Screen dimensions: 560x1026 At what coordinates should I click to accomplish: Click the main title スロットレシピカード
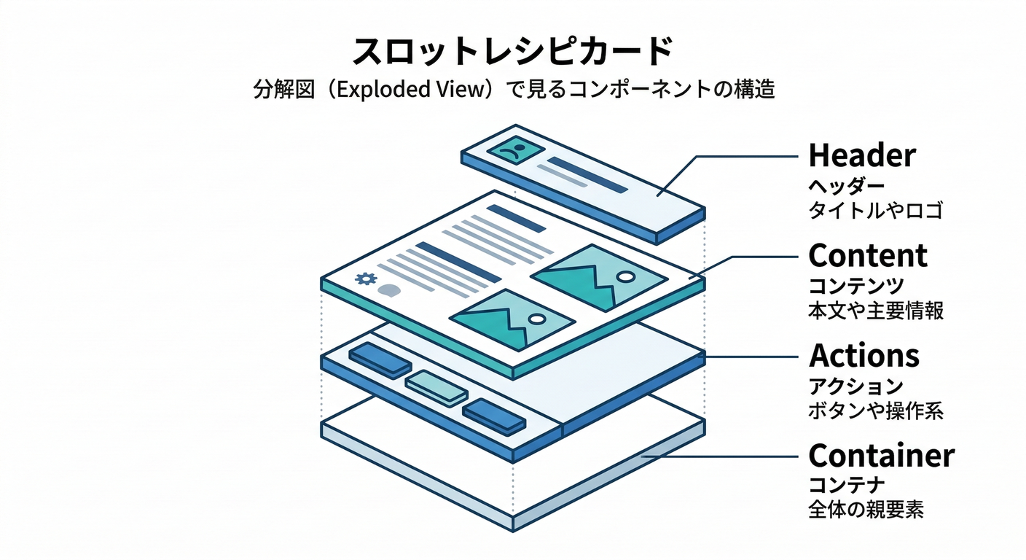(x=512, y=53)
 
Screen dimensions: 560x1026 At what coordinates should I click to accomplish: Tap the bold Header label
(x=862, y=155)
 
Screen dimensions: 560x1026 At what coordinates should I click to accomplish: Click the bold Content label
(x=868, y=255)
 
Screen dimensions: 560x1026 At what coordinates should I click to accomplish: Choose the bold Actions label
(x=864, y=356)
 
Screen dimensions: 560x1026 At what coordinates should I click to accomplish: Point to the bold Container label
(x=881, y=456)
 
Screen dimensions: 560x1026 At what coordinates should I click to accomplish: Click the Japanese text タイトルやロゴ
(x=875, y=211)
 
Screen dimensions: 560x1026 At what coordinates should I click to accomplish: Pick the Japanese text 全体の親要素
(x=866, y=510)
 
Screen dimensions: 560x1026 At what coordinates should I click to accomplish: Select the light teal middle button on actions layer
(x=436, y=386)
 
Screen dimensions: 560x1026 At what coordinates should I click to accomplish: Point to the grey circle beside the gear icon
(x=390, y=289)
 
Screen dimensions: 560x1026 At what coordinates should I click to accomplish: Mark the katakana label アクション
(x=856, y=386)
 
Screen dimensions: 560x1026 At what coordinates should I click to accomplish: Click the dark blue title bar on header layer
(x=587, y=175)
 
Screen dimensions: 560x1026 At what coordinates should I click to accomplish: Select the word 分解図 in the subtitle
(x=275, y=90)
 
